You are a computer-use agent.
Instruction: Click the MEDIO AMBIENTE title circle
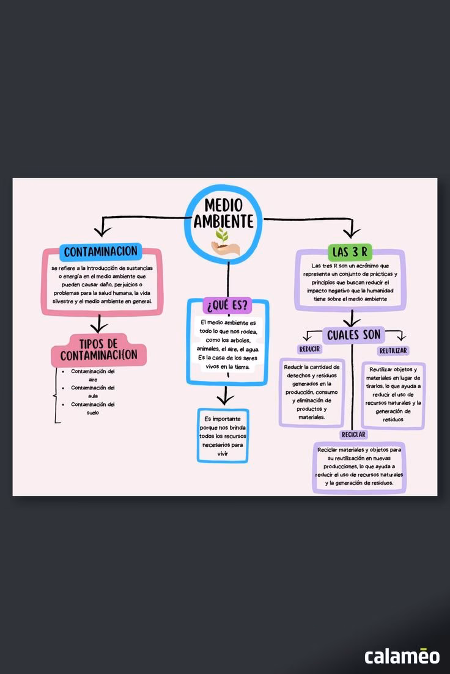224,220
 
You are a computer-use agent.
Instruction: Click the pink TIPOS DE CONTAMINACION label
99,349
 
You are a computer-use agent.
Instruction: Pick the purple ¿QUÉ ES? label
227,304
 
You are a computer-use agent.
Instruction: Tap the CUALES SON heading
353,335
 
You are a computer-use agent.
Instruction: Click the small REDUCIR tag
309,349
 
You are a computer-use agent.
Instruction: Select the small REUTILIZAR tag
393,350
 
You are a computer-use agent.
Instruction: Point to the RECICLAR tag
353,434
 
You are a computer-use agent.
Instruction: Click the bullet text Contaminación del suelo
93,408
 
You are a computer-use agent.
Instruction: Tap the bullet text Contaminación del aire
93,375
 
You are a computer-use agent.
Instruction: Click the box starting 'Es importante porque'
223,436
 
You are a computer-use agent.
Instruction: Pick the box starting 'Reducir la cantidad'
312,392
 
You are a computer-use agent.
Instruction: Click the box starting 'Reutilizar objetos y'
393,394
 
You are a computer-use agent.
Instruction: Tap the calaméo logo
402,656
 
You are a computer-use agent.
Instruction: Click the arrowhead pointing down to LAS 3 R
351,233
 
